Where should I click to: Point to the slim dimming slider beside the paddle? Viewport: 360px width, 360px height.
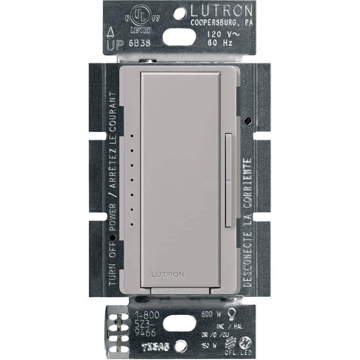(228, 180)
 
